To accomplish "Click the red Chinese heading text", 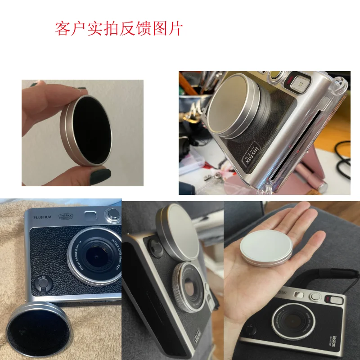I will (119, 28).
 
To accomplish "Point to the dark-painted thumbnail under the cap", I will (100, 176).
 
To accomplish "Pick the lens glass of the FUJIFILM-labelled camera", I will (95, 254).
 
